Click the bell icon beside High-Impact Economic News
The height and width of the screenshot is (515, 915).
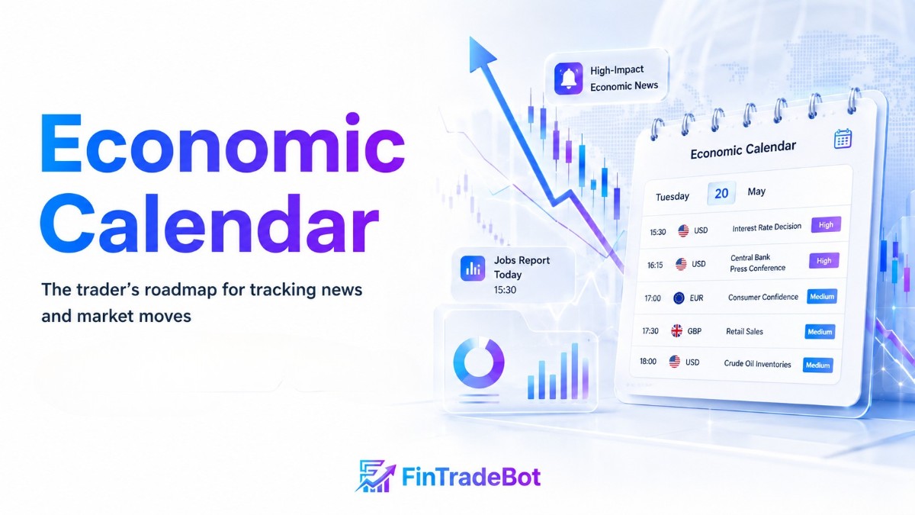(568, 79)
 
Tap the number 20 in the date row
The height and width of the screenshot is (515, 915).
(721, 193)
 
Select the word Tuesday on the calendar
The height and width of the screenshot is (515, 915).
(673, 197)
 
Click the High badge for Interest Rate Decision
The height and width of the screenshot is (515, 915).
(826, 225)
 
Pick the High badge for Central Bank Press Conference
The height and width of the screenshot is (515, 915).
(824, 260)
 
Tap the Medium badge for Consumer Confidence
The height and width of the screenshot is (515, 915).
(822, 296)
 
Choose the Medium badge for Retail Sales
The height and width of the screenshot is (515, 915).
(820, 331)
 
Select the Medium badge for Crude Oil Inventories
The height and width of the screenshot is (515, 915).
(817, 365)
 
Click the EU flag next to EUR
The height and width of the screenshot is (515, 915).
(679, 298)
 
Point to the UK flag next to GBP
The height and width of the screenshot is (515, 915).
(676, 330)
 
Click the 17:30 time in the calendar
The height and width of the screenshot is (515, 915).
(650, 330)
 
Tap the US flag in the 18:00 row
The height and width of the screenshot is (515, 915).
(674, 362)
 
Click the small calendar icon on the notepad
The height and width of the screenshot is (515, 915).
(843, 139)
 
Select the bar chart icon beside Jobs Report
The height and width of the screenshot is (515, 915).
(473, 268)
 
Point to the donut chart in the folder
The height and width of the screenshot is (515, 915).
(479, 362)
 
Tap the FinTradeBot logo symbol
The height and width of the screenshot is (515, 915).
(375, 476)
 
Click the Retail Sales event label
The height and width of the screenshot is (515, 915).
(744, 331)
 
